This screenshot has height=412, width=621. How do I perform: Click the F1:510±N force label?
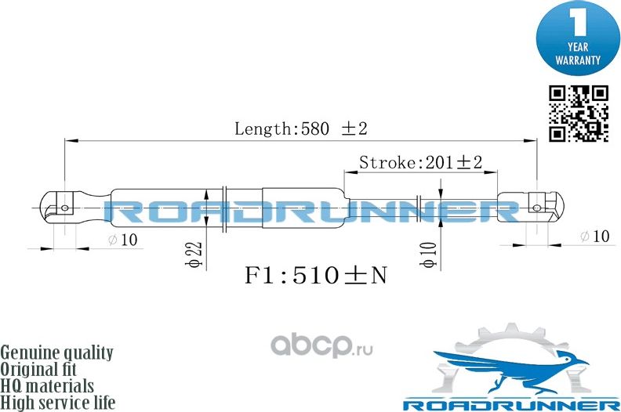[316, 276]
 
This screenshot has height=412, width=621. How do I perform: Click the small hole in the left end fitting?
[66, 208]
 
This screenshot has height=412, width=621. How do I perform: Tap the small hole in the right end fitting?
[537, 208]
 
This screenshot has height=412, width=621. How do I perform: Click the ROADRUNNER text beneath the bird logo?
[510, 404]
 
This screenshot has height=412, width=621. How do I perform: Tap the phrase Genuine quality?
[56, 352]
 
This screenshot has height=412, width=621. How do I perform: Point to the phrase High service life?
[58, 403]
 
